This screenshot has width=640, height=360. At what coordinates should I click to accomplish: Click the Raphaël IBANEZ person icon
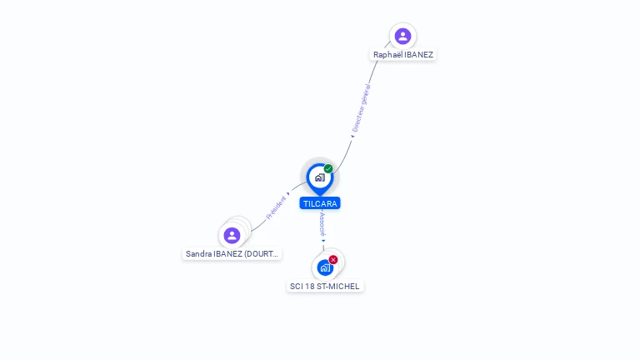(x=402, y=37)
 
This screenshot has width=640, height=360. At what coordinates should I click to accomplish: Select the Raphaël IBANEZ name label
(x=403, y=55)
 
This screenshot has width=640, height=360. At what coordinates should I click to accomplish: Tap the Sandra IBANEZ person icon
(x=232, y=236)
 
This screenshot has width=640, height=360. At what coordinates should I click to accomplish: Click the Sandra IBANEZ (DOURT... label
(x=232, y=254)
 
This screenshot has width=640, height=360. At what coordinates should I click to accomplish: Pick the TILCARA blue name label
(x=320, y=203)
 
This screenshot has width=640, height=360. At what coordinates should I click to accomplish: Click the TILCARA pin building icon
(x=320, y=178)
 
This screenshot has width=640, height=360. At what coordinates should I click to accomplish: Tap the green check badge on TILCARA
(x=328, y=168)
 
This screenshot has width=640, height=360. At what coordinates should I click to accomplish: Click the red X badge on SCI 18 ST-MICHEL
(x=333, y=260)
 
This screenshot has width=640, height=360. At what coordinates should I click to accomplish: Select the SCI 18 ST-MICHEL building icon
(x=325, y=268)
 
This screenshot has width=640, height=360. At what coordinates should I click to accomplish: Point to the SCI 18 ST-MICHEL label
(x=325, y=287)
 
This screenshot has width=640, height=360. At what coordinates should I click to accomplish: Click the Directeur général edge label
(x=362, y=108)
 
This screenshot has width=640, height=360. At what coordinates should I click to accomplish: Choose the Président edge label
(x=276, y=207)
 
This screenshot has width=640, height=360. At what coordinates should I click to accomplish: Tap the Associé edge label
(x=322, y=224)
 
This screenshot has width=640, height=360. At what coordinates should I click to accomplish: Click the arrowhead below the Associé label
(x=323, y=241)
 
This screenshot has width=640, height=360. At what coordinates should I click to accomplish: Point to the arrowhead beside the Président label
(x=288, y=194)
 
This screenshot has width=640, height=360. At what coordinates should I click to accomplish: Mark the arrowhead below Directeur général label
(x=352, y=137)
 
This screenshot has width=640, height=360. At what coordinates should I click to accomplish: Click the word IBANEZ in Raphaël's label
(x=419, y=55)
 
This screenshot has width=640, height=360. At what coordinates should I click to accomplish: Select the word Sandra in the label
(x=199, y=254)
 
